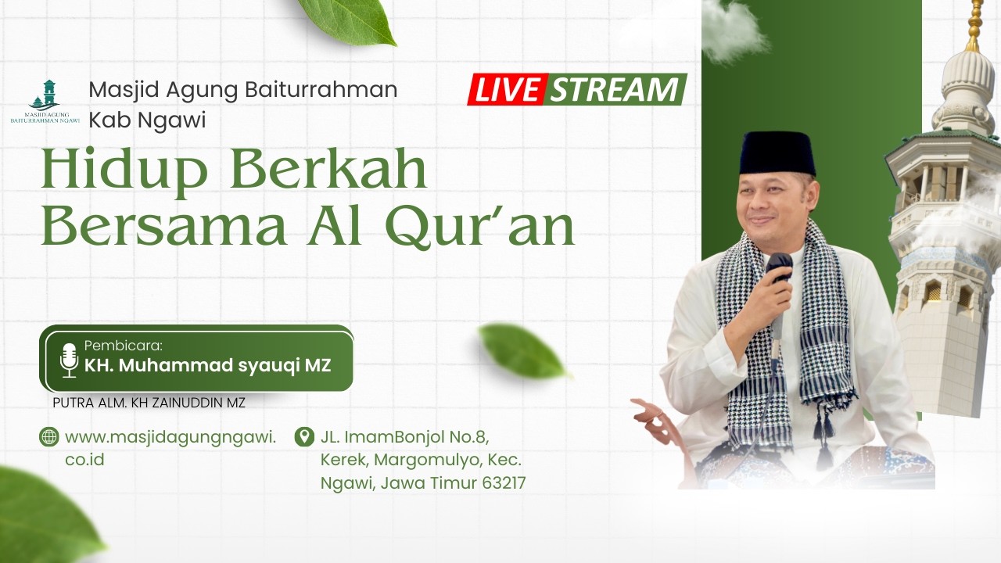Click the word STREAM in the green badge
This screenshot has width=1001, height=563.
tap(614, 90)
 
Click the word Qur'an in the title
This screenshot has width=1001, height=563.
tap(495, 228)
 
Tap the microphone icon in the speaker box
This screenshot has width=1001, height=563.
tap(70, 360)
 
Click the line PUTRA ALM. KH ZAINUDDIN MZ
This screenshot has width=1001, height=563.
tap(149, 403)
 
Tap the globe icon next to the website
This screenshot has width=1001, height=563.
tap(49, 436)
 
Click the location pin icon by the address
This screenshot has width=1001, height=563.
tap(304, 436)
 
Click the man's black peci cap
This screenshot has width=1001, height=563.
tap(777, 152)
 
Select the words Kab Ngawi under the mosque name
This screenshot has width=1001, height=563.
tap(147, 120)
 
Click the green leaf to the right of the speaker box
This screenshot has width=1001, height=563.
tap(522, 351)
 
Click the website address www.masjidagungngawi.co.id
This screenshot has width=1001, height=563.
tap(170, 448)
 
